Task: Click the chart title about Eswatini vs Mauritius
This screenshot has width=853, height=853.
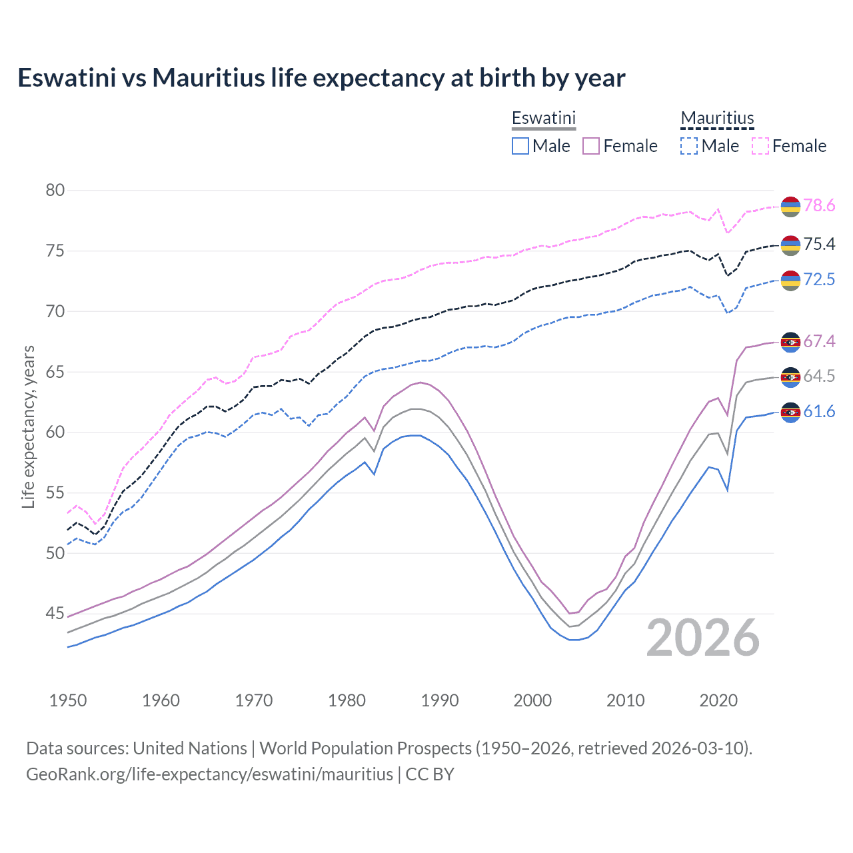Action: pos(321,78)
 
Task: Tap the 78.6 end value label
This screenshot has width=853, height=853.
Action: pos(819,206)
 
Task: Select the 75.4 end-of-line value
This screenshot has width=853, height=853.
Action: pos(819,245)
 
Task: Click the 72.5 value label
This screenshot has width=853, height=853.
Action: pos(819,279)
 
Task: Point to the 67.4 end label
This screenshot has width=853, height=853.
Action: pos(819,342)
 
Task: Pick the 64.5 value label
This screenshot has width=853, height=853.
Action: pos(819,377)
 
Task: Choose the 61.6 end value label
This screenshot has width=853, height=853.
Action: pos(819,412)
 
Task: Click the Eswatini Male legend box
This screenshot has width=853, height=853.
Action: pos(520,146)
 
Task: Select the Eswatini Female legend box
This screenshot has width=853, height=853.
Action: pos(591,146)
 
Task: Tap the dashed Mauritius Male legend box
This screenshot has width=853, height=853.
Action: pos(689,146)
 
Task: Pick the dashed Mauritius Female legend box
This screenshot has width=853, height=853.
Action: pos(760,146)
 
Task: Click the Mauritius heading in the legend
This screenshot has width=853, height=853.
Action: pos(717,119)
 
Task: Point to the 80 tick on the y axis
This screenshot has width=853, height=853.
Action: pos(55,191)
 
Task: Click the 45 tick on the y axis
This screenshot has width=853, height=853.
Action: pos(55,613)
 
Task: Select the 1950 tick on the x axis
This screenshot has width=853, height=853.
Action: pos(68,700)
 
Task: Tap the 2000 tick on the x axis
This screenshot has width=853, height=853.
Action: pos(532,700)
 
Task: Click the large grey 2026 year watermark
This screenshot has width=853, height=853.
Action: pos(703,638)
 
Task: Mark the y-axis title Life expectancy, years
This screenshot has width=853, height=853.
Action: pos(29,426)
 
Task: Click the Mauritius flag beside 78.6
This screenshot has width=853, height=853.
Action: pos(790,207)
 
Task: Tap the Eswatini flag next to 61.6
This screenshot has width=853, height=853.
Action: pos(790,413)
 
